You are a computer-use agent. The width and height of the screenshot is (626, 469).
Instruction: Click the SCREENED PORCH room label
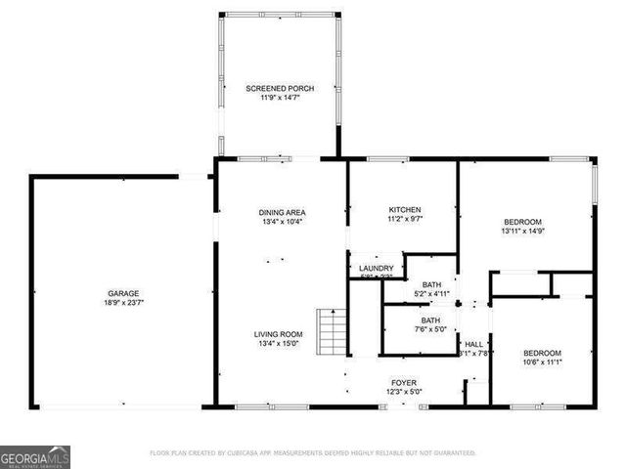[281, 89]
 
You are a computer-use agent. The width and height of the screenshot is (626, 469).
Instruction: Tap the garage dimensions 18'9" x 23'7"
[123, 303]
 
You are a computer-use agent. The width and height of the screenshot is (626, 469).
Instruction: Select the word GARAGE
[123, 293]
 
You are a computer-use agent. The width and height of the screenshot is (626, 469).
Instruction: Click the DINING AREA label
[282, 212]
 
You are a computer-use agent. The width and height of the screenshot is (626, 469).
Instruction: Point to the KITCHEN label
[404, 210]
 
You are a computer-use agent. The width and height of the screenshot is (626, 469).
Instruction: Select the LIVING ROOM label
[282, 333]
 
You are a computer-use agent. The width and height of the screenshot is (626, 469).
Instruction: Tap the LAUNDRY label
[376, 269]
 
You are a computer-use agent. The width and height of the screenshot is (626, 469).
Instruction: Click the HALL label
[473, 344]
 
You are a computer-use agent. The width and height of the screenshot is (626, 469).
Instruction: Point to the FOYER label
[404, 382]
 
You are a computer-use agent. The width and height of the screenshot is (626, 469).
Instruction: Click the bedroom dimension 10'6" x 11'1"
[542, 362]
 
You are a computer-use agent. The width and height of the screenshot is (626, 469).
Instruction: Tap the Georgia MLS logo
[35, 456]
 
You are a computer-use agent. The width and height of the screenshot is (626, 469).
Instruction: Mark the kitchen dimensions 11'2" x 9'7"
[404, 220]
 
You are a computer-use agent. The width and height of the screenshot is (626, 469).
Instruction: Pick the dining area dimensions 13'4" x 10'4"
[282, 222]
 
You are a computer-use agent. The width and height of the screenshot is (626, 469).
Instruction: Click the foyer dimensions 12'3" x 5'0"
[404, 392]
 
